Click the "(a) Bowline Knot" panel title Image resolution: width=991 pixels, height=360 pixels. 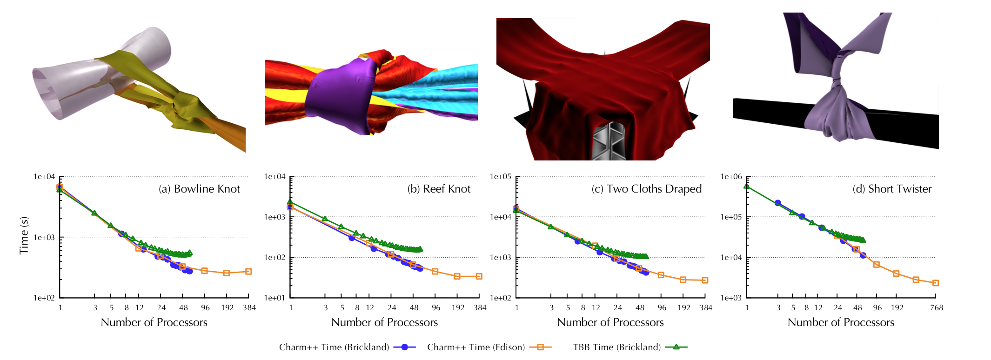tap(199, 189)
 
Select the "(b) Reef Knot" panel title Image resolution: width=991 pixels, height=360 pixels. tap(439, 189)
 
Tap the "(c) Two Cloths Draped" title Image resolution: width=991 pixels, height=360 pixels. tap(646, 189)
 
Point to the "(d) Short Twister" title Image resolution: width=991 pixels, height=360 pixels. tap(892, 189)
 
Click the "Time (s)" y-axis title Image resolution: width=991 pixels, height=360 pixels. tap(24, 235)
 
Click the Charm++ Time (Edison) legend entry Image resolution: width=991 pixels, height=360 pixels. tap(489, 347)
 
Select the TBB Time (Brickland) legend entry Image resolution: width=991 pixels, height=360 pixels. tap(629, 347)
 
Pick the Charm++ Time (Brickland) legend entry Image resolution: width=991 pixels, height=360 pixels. tap(347, 347)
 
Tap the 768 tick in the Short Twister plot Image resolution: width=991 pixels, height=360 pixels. tap(936, 308)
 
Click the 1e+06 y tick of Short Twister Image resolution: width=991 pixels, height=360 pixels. tap(731, 177)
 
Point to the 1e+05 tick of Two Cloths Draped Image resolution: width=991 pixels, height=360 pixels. tap(501, 177)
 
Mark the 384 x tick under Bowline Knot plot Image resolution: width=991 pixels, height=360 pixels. tap(249, 308)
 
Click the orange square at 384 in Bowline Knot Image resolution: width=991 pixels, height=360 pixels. tap(248, 271)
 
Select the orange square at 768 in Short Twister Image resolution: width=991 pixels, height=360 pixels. tap(936, 283)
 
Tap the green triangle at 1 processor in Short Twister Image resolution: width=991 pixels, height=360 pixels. tap(747, 186)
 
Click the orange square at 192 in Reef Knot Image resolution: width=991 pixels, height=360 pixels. tap(457, 276)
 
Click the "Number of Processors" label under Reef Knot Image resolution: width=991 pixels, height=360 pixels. tap(384, 322)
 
